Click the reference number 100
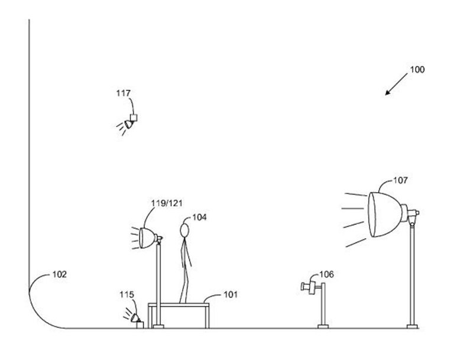point(417,70)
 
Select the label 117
point(124,93)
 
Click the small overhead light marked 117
point(129,121)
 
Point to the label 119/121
point(166,203)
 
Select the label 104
point(199,218)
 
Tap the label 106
point(326,274)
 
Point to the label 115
point(127,294)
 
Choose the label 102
point(60,274)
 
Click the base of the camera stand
point(323,326)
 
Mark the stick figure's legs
point(185,284)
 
